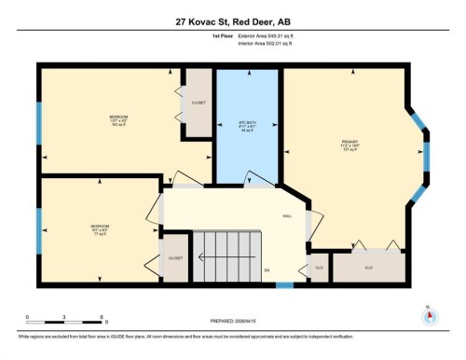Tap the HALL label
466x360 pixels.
288,215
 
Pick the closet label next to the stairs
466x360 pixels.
174,257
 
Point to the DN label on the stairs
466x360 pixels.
267,272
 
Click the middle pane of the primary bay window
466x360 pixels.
428,159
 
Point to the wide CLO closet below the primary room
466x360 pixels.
369,268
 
